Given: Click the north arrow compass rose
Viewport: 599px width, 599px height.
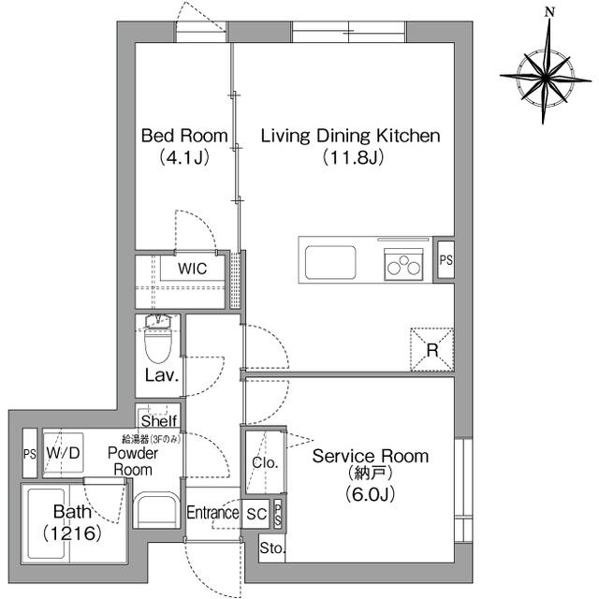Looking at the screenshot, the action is [545, 78].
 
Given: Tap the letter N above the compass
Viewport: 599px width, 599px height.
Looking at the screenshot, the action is [549, 12].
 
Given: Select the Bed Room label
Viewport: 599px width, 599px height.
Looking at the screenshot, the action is [184, 136].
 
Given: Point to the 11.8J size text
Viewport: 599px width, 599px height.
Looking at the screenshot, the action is [353, 157].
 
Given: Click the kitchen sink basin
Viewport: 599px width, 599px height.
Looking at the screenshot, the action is [330, 262].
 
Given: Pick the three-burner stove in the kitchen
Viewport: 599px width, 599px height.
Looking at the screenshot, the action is [403, 265].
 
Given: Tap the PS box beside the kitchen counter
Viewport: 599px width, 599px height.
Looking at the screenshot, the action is [446, 260].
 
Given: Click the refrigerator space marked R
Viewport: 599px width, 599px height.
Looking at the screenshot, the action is [432, 349].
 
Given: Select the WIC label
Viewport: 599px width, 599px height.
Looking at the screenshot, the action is [193, 269].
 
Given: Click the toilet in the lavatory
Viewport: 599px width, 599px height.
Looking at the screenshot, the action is [158, 339].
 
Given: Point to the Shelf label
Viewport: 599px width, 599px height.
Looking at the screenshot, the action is [159, 421].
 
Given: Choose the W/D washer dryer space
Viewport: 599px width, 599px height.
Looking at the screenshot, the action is [63, 454].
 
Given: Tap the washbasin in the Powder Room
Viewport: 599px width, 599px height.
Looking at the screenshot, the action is [157, 510].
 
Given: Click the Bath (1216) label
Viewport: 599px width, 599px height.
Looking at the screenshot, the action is [73, 522].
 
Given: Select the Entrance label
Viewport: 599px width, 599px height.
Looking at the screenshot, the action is [212, 513].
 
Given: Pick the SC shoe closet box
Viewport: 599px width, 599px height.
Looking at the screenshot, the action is [256, 514].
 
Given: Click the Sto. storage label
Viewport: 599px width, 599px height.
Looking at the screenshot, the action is [272, 548].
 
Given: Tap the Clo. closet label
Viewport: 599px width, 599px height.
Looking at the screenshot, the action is [265, 462].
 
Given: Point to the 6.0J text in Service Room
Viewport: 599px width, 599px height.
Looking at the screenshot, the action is [370, 494].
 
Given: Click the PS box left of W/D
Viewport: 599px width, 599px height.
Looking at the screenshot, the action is [30, 453].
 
